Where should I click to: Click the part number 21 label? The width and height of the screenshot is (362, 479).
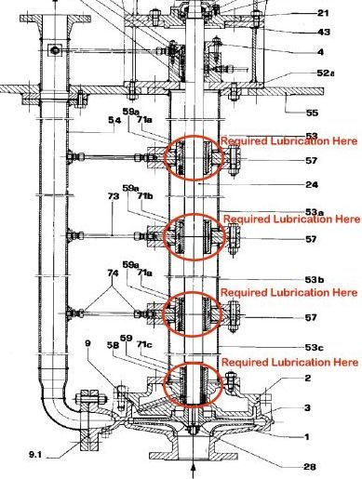tap(324, 13)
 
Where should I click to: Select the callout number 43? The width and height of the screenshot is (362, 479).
tap(323, 32)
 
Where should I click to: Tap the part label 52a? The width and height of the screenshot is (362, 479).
tap(326, 73)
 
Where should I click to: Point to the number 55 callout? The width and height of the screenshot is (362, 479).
tap(312, 113)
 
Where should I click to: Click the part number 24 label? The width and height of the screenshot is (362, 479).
tap(312, 185)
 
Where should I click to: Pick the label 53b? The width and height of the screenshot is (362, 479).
tap(315, 280)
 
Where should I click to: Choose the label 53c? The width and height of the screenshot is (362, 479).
tap(315, 347)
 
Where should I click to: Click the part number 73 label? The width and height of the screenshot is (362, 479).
tap(114, 196)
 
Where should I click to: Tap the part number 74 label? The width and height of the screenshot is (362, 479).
tap(113, 273)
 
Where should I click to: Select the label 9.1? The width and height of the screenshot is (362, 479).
tap(35, 455)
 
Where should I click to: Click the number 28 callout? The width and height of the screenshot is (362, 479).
tap(310, 467)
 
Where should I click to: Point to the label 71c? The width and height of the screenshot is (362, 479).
tap(144, 345)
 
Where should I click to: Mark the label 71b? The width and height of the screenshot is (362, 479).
tap(145, 196)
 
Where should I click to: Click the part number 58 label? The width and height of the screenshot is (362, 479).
tap(113, 345)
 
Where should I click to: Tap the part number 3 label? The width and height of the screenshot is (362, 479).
tap(307, 407)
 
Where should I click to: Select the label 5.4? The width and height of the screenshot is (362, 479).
tap(114, 120)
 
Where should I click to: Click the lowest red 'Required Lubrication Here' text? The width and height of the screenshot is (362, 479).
tap(289, 362)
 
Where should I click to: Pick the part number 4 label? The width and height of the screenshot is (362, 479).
tap(320, 52)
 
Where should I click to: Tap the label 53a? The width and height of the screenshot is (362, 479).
tap(315, 212)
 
